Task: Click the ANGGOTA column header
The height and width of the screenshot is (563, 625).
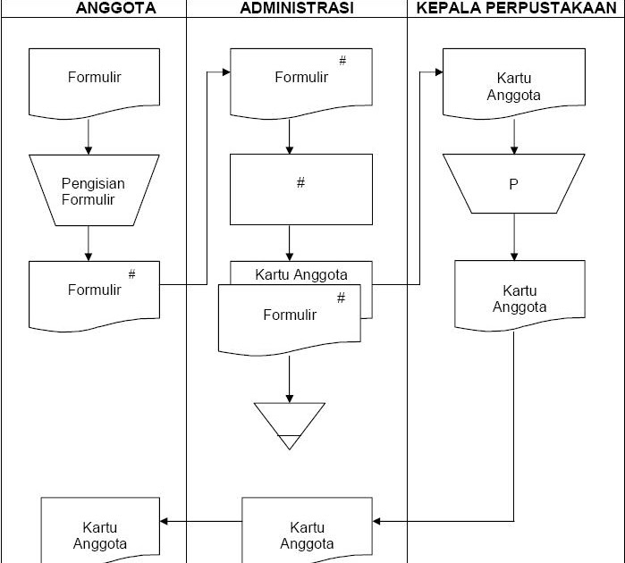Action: click(116, 8)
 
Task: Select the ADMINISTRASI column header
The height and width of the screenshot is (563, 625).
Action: click(297, 8)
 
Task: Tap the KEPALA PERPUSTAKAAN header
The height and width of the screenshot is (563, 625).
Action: click(516, 8)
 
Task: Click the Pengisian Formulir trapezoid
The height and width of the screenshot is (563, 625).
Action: click(94, 190)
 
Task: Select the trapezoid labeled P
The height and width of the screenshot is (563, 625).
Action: click(513, 185)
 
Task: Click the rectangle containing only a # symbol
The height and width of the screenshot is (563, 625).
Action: click(301, 189)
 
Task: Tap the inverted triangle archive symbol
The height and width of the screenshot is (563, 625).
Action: click(290, 423)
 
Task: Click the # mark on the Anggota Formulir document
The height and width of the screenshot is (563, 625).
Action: click(131, 274)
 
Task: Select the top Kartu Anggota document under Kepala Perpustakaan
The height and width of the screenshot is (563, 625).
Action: click(513, 86)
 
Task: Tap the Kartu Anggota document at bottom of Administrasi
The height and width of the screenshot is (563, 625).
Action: click(307, 534)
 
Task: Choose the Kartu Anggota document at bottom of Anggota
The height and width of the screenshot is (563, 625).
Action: click(100, 534)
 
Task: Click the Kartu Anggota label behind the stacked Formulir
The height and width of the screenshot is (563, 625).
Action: click(301, 274)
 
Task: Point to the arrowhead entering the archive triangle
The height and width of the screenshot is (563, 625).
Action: click(290, 398)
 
